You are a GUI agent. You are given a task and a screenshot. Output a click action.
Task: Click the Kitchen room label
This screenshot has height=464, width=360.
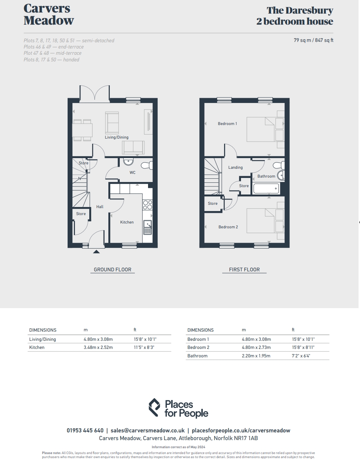point(127,222)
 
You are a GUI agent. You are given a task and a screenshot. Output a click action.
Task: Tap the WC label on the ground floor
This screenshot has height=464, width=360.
point(133,172)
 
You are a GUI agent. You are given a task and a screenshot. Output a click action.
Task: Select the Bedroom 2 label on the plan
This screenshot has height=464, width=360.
point(228,227)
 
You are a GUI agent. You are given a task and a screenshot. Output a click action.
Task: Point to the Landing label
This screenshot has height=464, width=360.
point(235,167)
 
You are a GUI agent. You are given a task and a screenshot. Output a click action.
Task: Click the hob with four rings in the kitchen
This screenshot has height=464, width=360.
point(148,204)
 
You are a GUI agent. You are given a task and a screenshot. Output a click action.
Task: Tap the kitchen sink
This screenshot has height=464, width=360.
point(148,227)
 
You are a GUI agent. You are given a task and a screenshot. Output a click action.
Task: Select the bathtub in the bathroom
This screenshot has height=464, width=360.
point(266,189)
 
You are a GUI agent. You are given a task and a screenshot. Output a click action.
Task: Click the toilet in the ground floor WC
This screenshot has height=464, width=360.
point(147,165)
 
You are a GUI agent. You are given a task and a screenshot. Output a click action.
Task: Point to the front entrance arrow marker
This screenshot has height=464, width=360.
point(96,251)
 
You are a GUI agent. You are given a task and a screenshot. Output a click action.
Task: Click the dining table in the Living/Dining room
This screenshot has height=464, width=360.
point(82,130)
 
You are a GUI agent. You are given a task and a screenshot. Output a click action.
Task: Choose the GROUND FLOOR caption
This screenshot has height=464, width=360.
point(113,270)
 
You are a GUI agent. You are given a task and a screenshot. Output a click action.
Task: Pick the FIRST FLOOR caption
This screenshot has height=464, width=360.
point(244,270)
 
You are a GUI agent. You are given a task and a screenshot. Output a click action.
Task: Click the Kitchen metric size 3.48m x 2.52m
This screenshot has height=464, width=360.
point(98,347)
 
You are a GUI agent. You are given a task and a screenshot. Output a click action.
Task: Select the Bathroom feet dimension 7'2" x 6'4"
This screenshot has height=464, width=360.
point(301,356)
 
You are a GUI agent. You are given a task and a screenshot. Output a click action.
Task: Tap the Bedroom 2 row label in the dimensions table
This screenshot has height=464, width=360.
point(198,347)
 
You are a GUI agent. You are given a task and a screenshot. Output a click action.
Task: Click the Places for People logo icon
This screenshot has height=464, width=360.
point(154,407)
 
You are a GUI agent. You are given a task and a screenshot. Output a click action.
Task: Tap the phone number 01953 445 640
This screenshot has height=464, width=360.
point(85,431)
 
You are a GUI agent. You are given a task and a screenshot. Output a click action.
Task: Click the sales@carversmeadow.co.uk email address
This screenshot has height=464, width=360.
point(148,431)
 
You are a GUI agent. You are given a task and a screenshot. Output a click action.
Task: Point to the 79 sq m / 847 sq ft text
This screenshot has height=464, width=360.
point(313,40)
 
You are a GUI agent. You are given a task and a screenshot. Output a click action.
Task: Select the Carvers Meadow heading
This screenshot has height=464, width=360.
point(48,14)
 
